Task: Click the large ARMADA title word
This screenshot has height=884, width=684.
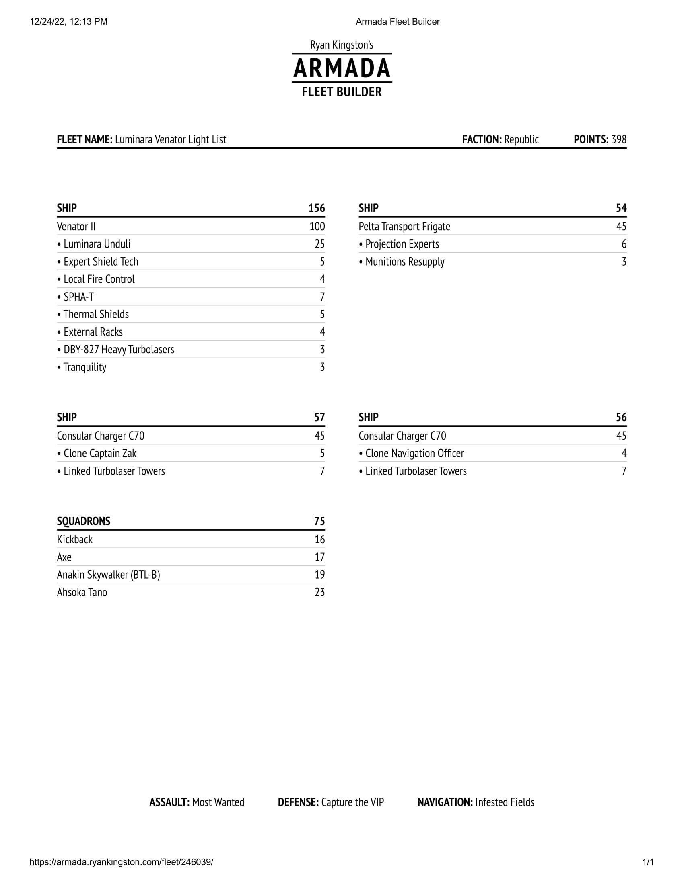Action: [342, 68]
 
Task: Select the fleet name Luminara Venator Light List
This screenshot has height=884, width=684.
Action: [170, 140]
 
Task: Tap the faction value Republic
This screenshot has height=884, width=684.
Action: [521, 140]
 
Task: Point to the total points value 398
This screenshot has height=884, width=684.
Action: [619, 140]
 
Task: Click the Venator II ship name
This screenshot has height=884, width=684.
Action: [76, 227]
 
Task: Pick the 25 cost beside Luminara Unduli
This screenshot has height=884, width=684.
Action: [320, 244]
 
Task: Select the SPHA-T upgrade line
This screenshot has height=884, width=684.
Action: [78, 297]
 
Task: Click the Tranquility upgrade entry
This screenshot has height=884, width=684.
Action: [84, 367]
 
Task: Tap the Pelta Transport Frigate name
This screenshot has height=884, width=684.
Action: [404, 227]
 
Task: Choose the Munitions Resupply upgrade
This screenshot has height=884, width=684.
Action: [405, 262]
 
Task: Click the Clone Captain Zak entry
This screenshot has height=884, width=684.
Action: [100, 453]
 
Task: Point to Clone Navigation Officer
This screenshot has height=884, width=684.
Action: [414, 453]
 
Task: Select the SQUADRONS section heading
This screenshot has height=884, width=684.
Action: [83, 521]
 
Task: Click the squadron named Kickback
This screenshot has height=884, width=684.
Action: [75, 540]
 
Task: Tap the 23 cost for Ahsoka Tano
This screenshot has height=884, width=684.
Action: [320, 593]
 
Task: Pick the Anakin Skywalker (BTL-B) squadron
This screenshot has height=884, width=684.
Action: [109, 575]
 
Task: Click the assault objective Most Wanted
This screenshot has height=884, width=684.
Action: [218, 802]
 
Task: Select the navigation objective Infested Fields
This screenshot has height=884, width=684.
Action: [505, 802]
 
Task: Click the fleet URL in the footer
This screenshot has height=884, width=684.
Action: [122, 862]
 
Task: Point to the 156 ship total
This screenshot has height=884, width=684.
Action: [317, 208]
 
